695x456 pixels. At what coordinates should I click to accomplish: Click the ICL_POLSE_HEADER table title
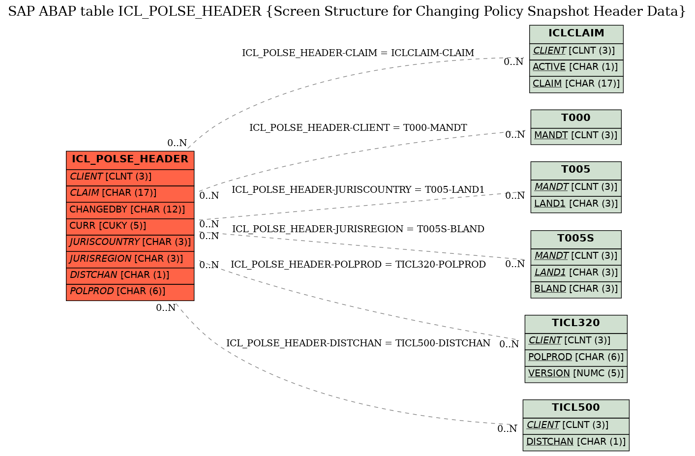tap(130, 159)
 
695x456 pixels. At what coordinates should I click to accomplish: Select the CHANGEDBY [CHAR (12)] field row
tap(130, 210)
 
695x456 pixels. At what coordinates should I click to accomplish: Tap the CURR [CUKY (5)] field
tap(130, 226)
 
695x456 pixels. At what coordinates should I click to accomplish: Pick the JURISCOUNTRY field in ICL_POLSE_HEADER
tap(130, 243)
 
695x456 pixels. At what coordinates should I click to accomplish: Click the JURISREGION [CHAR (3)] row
tap(130, 259)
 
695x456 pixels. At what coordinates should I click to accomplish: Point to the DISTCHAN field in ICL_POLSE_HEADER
tap(130, 275)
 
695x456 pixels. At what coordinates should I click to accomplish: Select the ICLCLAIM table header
tap(576, 33)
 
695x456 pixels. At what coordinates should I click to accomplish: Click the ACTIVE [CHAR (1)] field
tap(576, 67)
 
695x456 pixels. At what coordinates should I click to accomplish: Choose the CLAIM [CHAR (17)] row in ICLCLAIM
tap(576, 84)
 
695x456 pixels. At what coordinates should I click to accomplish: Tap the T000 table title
tap(576, 118)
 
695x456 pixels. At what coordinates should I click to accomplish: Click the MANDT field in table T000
tap(576, 136)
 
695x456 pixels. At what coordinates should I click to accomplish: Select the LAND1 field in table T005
tap(576, 204)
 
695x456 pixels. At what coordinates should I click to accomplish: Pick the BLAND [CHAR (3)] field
tap(576, 289)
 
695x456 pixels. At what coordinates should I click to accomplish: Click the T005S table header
tap(576, 239)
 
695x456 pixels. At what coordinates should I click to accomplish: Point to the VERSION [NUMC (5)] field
tap(576, 373)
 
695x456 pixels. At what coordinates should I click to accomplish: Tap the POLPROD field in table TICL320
tap(576, 357)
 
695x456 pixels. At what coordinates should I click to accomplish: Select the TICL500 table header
tap(576, 408)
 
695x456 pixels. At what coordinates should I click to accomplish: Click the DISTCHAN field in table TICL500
tap(576, 442)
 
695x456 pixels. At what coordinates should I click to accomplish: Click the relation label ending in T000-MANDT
tap(358, 128)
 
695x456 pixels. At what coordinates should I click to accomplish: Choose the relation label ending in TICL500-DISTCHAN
tap(358, 343)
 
